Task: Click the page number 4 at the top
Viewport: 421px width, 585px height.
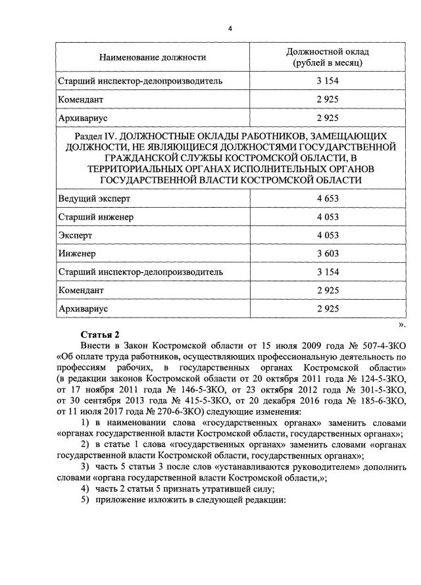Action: click(230, 28)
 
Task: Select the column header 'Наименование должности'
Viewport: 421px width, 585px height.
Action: click(153, 57)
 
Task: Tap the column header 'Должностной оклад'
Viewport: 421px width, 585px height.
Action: click(328, 51)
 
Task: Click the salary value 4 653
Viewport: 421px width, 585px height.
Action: click(327, 198)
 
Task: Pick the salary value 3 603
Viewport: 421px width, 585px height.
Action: click(327, 253)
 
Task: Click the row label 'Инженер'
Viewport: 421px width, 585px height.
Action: click(77, 253)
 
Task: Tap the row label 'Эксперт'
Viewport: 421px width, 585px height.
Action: click(75, 235)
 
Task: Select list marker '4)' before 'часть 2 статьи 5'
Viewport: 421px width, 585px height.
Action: click(85, 490)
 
